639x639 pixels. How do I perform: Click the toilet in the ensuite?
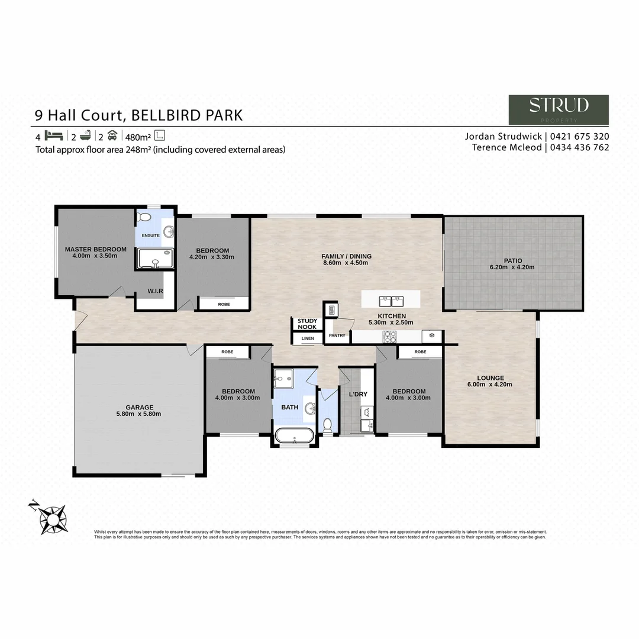pyautogui.click(x=144, y=218)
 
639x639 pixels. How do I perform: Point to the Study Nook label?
pyautogui.click(x=308, y=324)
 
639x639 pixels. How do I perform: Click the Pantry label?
pyautogui.click(x=337, y=335)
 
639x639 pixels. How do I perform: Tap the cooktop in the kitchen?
pyautogui.click(x=390, y=337)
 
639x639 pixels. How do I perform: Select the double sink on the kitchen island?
pyautogui.click(x=390, y=298)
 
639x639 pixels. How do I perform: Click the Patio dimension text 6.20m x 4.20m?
pyautogui.click(x=512, y=267)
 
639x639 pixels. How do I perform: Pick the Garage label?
pyautogui.click(x=139, y=407)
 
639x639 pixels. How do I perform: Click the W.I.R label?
pyautogui.click(x=155, y=291)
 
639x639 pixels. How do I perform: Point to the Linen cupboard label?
pyautogui.click(x=308, y=338)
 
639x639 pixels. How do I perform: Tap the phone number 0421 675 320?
pyautogui.click(x=580, y=136)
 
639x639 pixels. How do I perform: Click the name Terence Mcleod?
pyautogui.click(x=506, y=147)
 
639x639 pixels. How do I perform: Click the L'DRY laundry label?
pyautogui.click(x=359, y=394)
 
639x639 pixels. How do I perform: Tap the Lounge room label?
pyautogui.click(x=490, y=378)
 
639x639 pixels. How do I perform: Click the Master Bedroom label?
pyautogui.click(x=95, y=249)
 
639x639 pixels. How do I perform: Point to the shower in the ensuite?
pyautogui.click(x=155, y=259)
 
